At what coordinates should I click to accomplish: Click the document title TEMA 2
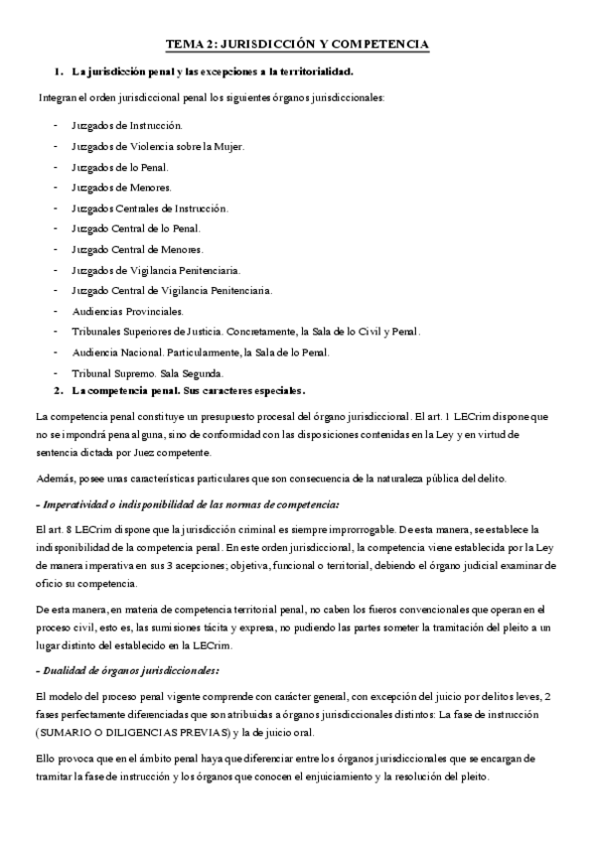pyautogui.click(x=296, y=45)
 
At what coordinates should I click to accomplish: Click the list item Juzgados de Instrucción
pyautogui.click(x=126, y=126)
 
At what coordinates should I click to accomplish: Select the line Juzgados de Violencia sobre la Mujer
pyautogui.click(x=157, y=147)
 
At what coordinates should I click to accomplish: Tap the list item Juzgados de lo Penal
pyautogui.click(x=119, y=167)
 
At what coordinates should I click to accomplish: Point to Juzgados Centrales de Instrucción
pyautogui.click(x=150, y=209)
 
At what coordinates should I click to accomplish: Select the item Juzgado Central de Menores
pyautogui.click(x=137, y=249)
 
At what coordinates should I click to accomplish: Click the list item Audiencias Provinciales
pyautogui.click(x=127, y=311)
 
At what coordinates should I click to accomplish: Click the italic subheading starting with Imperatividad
pyautogui.click(x=187, y=504)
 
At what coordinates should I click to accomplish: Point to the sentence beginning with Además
pyautogui.click(x=270, y=480)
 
